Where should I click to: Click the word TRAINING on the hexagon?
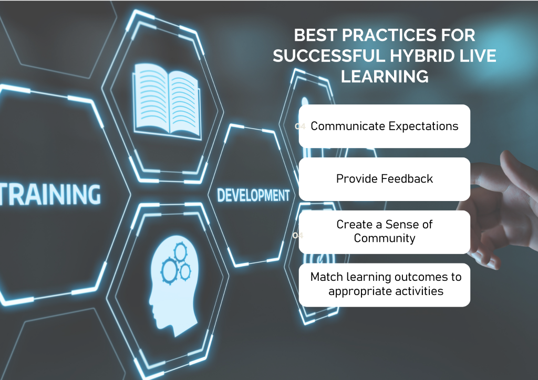50,194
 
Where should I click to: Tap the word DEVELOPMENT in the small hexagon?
253,195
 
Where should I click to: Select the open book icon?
167,101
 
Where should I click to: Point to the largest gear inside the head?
170,271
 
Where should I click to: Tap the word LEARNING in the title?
385,76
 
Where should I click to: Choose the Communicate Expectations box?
384,126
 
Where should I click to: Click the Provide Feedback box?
384,179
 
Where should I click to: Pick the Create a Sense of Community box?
384,232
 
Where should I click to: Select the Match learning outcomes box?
384,285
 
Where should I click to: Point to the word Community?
385,238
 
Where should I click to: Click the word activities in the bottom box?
419,291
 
